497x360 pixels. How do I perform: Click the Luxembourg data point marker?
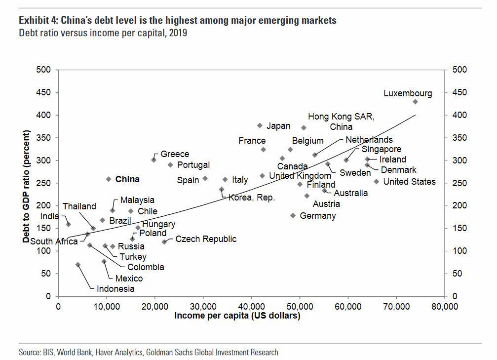pyautogui.click(x=415, y=102)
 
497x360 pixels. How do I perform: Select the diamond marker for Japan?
pyautogui.click(x=260, y=125)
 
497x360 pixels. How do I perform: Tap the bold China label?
pyautogui.click(x=127, y=179)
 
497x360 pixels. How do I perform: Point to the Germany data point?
pyautogui.click(x=293, y=215)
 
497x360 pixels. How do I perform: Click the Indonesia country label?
pyautogui.click(x=115, y=289)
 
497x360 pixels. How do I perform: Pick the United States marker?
pyautogui.click(x=376, y=182)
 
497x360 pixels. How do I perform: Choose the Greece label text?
pyautogui.click(x=175, y=155)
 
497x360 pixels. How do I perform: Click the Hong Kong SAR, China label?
pyautogui.click(x=341, y=121)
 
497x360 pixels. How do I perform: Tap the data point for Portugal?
pyautogui.click(x=170, y=165)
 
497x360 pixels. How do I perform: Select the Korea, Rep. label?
pyautogui.click(x=251, y=198)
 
